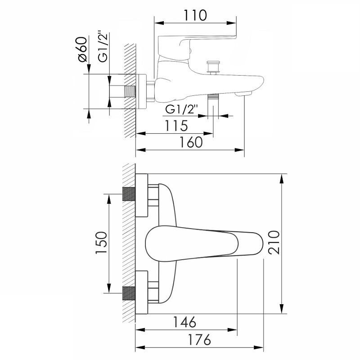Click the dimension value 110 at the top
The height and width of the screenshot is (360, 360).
(x=195, y=15)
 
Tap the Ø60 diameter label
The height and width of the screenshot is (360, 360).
(x=83, y=49)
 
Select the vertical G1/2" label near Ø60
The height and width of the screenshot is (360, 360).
(x=103, y=46)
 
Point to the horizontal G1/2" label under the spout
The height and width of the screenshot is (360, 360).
(x=181, y=109)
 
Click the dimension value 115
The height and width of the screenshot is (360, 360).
(x=176, y=126)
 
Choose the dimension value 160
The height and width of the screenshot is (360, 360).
(x=191, y=142)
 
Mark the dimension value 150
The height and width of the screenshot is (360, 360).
(x=102, y=243)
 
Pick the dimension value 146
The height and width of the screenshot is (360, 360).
(x=184, y=322)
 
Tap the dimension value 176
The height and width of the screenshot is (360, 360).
(x=199, y=340)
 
